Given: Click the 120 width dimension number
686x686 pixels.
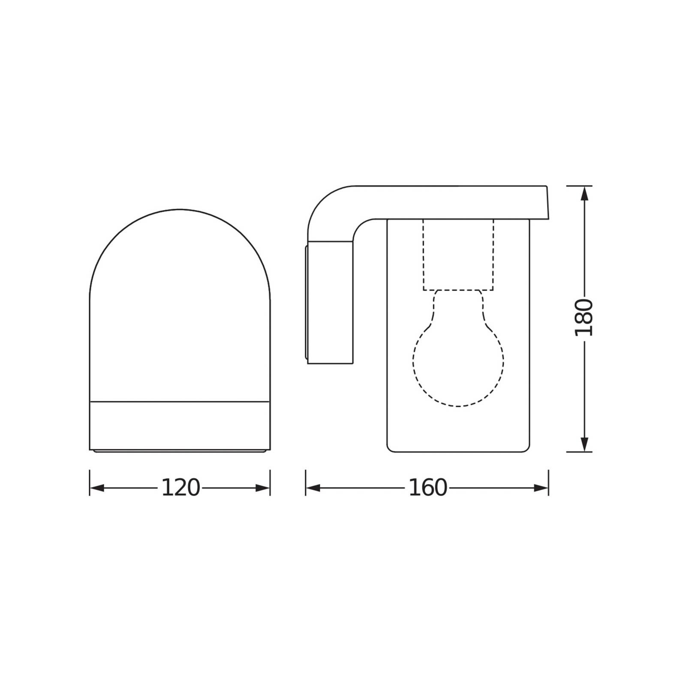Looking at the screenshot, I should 181,488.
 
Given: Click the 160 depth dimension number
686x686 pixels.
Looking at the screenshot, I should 427,488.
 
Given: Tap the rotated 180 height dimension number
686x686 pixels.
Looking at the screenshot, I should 584,318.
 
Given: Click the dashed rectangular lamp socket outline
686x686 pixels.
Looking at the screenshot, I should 458,255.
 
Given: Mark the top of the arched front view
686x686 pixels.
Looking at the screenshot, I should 180,210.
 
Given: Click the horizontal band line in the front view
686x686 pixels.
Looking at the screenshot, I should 180,402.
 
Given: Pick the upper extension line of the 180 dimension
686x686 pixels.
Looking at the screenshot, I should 579,186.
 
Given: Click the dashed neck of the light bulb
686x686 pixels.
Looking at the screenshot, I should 458,309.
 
